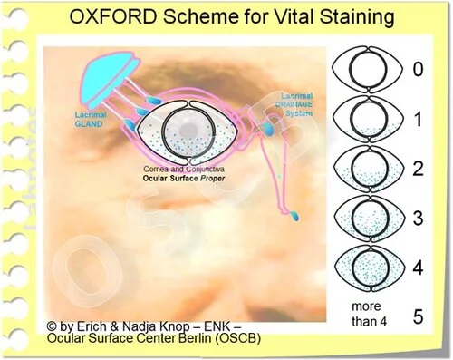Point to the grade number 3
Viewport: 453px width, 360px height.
(417, 219)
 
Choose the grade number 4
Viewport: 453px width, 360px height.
(417, 268)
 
